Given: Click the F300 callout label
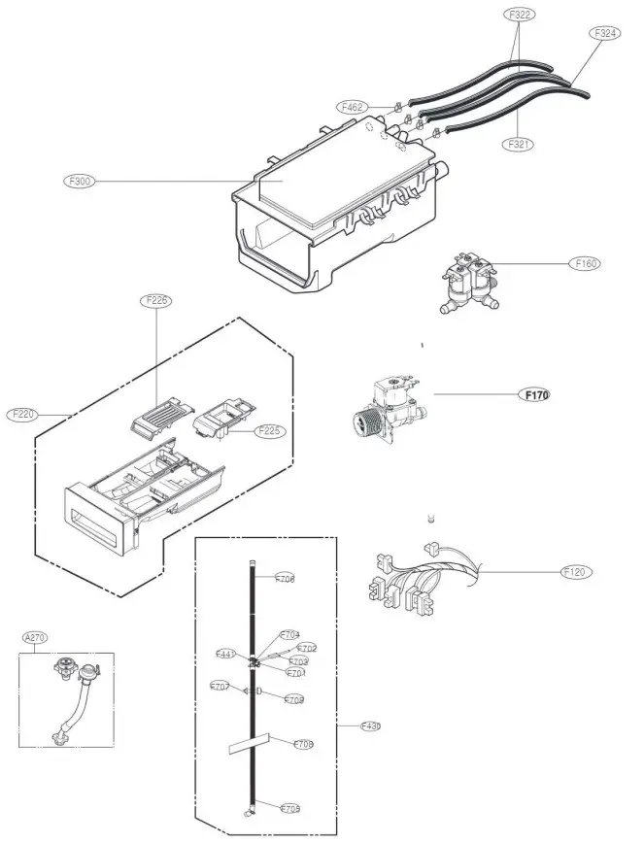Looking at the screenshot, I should pyautogui.click(x=77, y=181).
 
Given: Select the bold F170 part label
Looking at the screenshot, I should pyautogui.click(x=535, y=395).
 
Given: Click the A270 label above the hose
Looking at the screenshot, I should pyautogui.click(x=35, y=637).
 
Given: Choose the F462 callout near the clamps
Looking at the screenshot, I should pyautogui.click(x=352, y=106).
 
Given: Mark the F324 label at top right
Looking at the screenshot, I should pyautogui.click(x=604, y=32).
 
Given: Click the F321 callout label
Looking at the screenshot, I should pyautogui.click(x=520, y=144).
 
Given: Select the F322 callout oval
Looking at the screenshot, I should pyautogui.click(x=520, y=16).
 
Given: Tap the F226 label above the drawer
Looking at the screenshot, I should pyautogui.click(x=158, y=301).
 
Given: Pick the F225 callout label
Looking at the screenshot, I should pyautogui.click(x=269, y=430).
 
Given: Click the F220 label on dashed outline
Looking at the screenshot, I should pyautogui.click(x=22, y=414).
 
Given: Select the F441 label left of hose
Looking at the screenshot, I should pyautogui.click(x=225, y=655).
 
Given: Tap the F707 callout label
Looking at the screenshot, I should pyautogui.click(x=220, y=687).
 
